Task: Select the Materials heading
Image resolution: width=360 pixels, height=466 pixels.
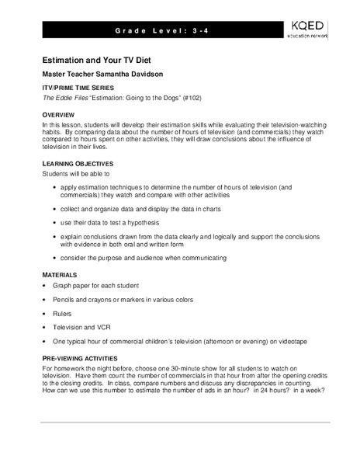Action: (61, 276)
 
